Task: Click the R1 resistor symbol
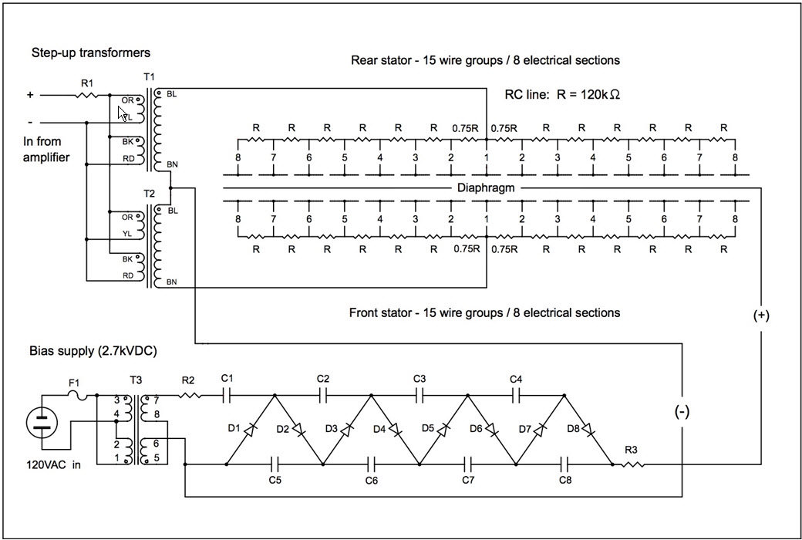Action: tap(87, 95)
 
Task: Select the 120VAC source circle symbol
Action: tap(42, 423)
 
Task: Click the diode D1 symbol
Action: tap(250, 430)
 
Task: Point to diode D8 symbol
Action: tap(588, 430)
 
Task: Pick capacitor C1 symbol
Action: tap(227, 395)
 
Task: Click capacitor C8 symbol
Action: tap(564, 464)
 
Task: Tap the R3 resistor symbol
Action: tap(633, 464)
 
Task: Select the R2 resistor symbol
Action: tap(190, 395)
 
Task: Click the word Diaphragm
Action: tap(485, 188)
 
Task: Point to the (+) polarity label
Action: tap(761, 316)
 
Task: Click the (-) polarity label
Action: tap(682, 411)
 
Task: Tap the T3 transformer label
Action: tap(136, 380)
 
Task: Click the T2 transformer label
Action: tap(149, 194)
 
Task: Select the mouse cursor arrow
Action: tap(123, 113)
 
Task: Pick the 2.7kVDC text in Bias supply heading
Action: tap(127, 351)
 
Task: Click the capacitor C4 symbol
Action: tap(516, 395)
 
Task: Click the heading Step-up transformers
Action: tap(91, 52)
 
